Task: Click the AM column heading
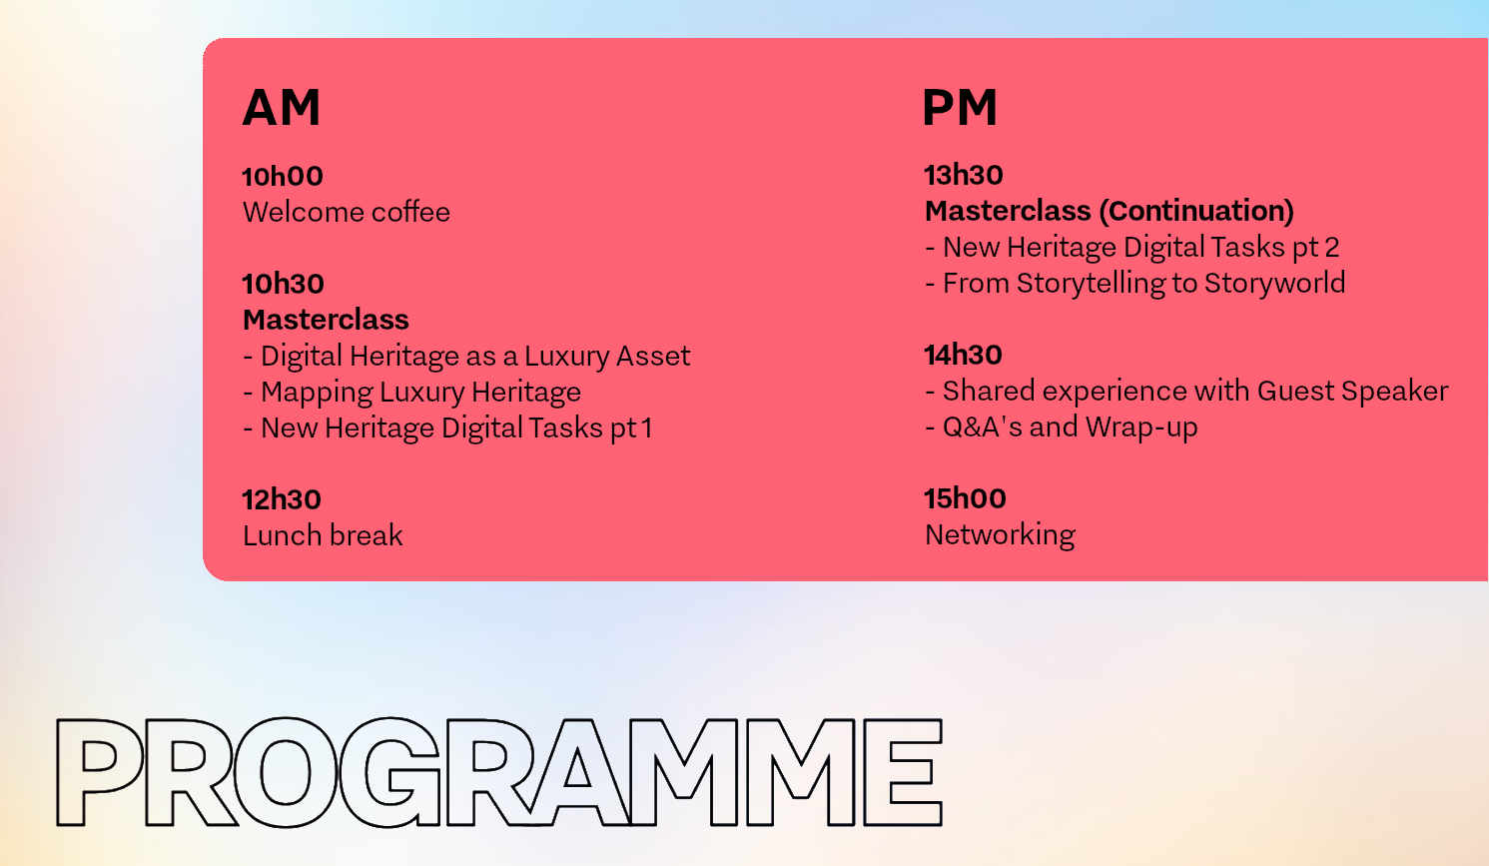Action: point(282,107)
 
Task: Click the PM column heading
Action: point(960,107)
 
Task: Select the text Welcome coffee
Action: point(347,213)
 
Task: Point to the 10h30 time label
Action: point(284,284)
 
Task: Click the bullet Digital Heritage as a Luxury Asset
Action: point(466,357)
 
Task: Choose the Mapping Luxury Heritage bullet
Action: point(412,393)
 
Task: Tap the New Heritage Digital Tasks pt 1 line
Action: point(447,429)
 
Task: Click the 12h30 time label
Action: point(282,499)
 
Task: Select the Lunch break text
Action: point(323,535)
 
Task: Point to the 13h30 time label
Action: point(964,176)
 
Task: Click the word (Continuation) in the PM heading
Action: point(1196,211)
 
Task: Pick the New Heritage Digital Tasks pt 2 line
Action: point(1132,248)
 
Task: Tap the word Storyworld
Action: point(1275,284)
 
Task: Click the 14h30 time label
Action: point(963,355)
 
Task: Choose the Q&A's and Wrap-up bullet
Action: point(1062,427)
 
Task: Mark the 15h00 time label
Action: point(965,498)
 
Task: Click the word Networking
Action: point(1000,535)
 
